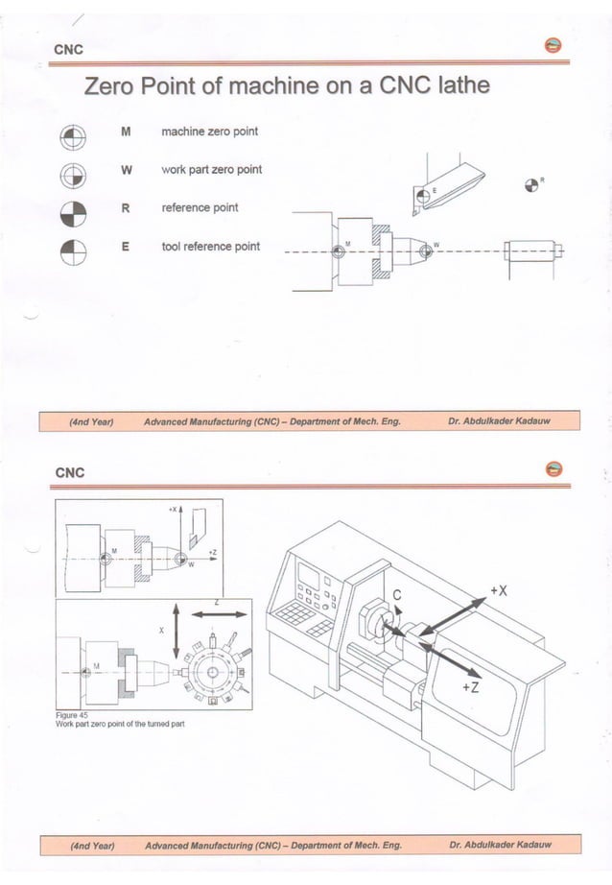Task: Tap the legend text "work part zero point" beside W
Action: [211, 170]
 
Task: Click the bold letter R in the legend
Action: [125, 207]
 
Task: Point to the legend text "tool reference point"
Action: [210, 247]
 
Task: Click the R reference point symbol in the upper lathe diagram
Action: [533, 184]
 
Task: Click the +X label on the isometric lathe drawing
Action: [498, 589]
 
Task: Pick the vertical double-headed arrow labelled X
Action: [175, 631]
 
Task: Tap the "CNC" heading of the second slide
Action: [70, 472]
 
